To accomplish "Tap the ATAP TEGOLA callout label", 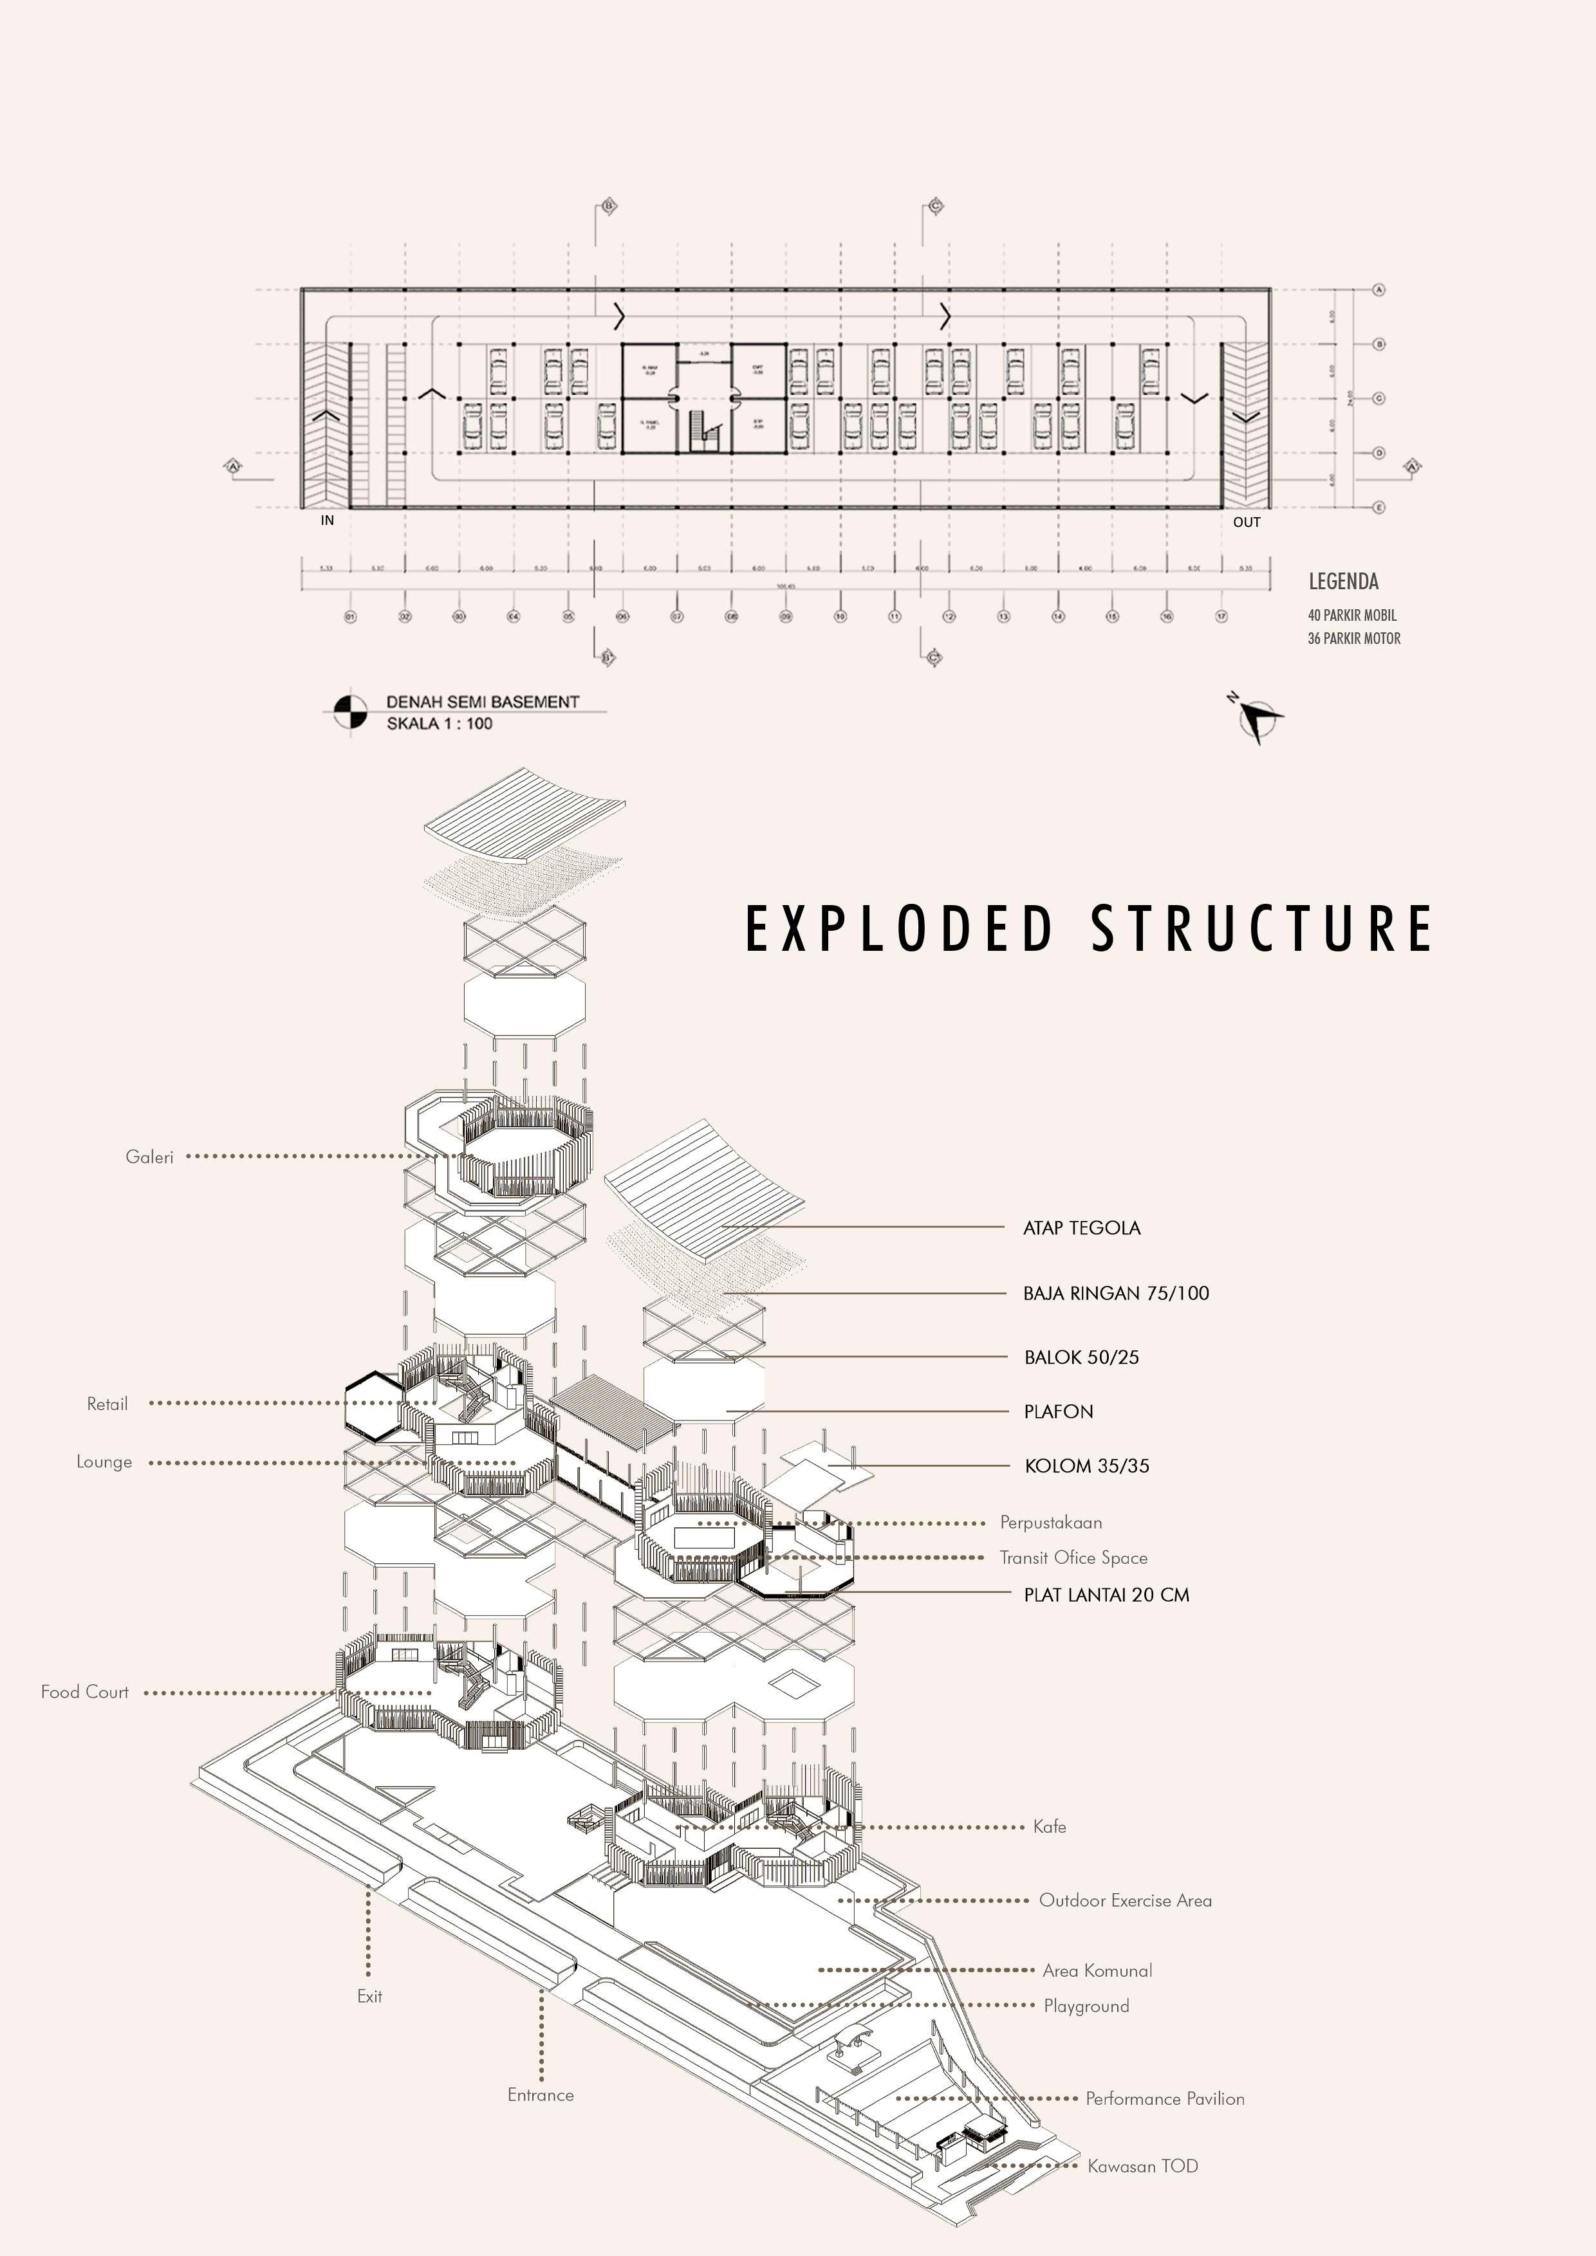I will coord(1081,1227).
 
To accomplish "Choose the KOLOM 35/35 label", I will coord(1086,1466).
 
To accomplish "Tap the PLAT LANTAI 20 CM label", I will coord(1106,1595).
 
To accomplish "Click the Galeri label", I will coord(149,1157).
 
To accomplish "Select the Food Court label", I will coord(84,1691).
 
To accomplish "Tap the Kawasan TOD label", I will coord(1142,2165).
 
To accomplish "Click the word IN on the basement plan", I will coord(328,521).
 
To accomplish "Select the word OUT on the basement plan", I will coord(1246,522).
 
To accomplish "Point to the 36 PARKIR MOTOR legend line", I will coord(1353,639).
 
